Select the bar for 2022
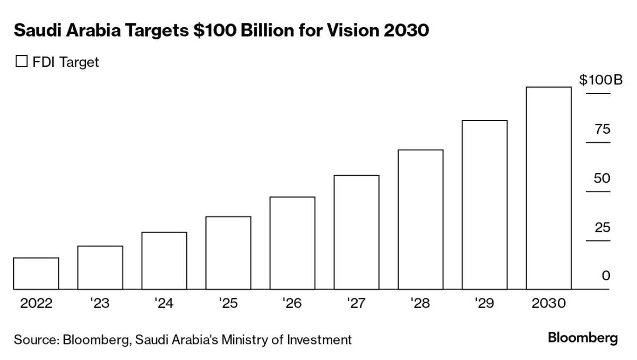(x=36, y=273)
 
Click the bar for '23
(x=100, y=268)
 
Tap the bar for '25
(x=228, y=253)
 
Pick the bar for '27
(x=356, y=232)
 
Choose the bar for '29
(x=485, y=205)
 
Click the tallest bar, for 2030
(x=548, y=188)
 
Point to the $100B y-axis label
(x=600, y=80)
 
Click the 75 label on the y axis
(x=602, y=130)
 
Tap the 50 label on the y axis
(x=602, y=178)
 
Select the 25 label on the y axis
(x=602, y=228)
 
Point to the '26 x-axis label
(x=292, y=303)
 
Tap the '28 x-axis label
(x=420, y=303)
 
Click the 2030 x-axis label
(x=549, y=303)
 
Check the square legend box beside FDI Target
(x=21, y=62)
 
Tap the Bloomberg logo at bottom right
(x=583, y=338)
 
